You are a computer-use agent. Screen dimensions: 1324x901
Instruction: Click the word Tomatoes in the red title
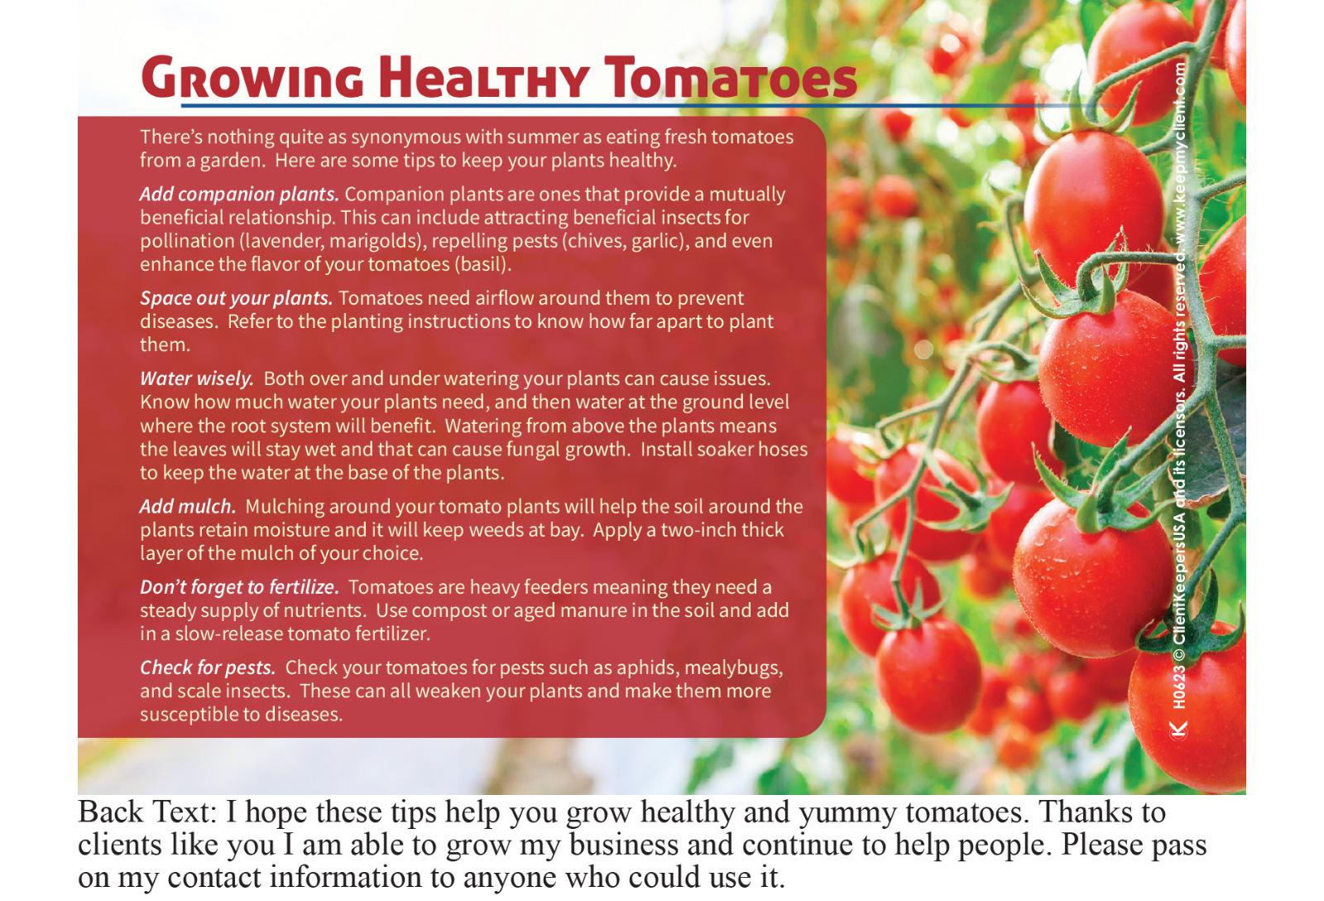coord(731,78)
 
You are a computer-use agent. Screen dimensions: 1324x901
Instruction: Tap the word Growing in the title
coord(252,78)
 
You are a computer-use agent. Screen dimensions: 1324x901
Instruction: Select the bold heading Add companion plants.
coord(239,195)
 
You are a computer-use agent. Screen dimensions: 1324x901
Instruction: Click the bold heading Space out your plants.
coord(237,298)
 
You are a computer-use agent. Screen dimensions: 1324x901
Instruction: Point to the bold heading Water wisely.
coord(197,378)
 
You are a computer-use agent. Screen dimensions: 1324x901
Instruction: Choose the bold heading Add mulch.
coord(188,507)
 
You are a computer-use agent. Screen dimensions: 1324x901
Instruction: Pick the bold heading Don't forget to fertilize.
coord(239,587)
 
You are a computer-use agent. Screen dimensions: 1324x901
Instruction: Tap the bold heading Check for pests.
coord(208,667)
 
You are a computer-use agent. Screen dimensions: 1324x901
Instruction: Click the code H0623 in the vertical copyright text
coord(1179,687)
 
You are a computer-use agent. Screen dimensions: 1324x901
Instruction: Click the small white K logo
coord(1179,730)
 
